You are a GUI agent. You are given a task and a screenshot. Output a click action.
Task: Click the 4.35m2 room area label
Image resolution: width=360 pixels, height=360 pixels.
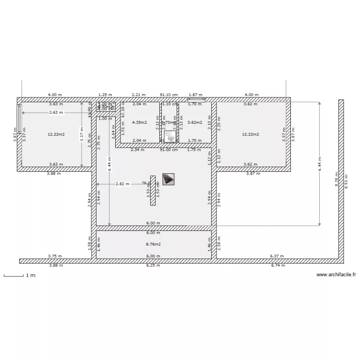coord(139,122)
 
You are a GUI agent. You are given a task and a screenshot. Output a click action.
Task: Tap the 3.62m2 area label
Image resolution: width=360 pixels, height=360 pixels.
coord(194,122)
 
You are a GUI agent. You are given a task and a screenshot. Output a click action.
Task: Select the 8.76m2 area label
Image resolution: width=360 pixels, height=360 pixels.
coord(153,244)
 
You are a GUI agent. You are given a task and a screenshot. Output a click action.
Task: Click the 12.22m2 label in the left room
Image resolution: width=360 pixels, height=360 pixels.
coord(56,134)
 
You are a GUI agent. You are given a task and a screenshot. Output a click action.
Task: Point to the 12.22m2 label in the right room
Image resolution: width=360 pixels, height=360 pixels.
coord(252,134)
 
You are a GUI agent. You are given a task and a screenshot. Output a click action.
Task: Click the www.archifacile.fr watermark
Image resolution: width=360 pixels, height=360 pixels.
coord(336,275)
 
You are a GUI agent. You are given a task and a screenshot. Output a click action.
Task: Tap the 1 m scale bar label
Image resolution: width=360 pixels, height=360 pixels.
coord(31,276)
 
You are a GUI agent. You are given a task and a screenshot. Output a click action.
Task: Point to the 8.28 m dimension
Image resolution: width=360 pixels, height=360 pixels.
coord(337,180)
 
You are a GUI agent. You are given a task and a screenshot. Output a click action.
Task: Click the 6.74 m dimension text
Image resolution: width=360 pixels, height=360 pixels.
coord(278,265)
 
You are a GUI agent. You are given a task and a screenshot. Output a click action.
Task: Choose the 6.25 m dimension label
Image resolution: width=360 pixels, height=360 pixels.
coord(153,265)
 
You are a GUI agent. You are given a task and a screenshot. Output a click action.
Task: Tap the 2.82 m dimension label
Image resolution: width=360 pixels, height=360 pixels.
coord(122,184)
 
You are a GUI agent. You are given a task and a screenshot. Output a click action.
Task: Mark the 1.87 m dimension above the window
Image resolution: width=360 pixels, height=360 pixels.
coord(195,95)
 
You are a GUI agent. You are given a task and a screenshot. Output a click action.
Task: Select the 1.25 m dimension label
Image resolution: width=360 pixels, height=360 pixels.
coord(105,95)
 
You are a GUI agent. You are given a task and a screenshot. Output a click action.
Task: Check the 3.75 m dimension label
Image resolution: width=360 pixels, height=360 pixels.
coord(55,256)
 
